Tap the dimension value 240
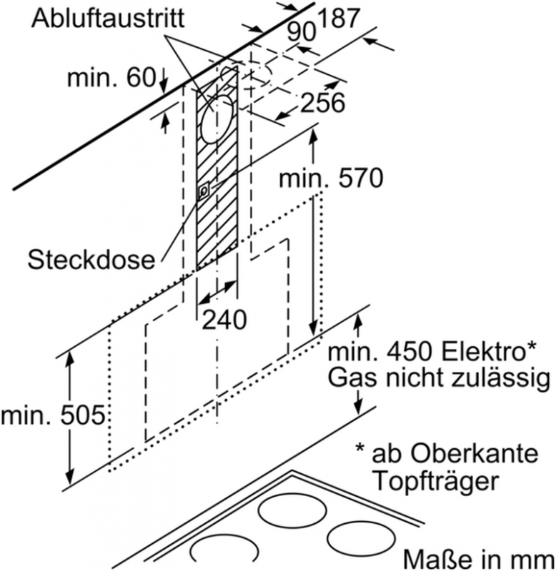[224, 319]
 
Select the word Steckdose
[91, 260]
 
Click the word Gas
[350, 377]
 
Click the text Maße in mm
[479, 557]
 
